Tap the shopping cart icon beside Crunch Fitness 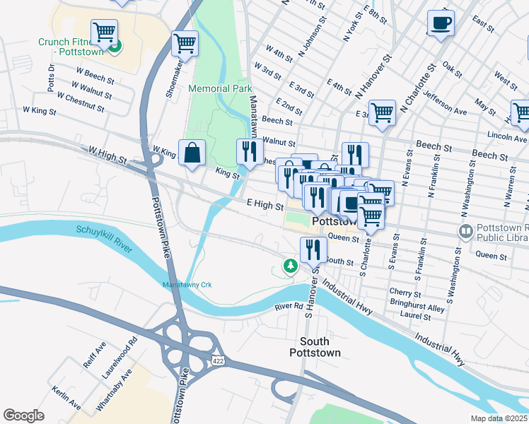104,32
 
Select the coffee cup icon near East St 441,23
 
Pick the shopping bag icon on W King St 192,152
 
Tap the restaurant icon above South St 313,250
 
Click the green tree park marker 289,266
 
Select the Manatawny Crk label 187,285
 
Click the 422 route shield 219,360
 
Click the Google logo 24,416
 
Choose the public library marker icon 465,231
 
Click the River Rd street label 289,307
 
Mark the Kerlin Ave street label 66,397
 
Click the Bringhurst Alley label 417,309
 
